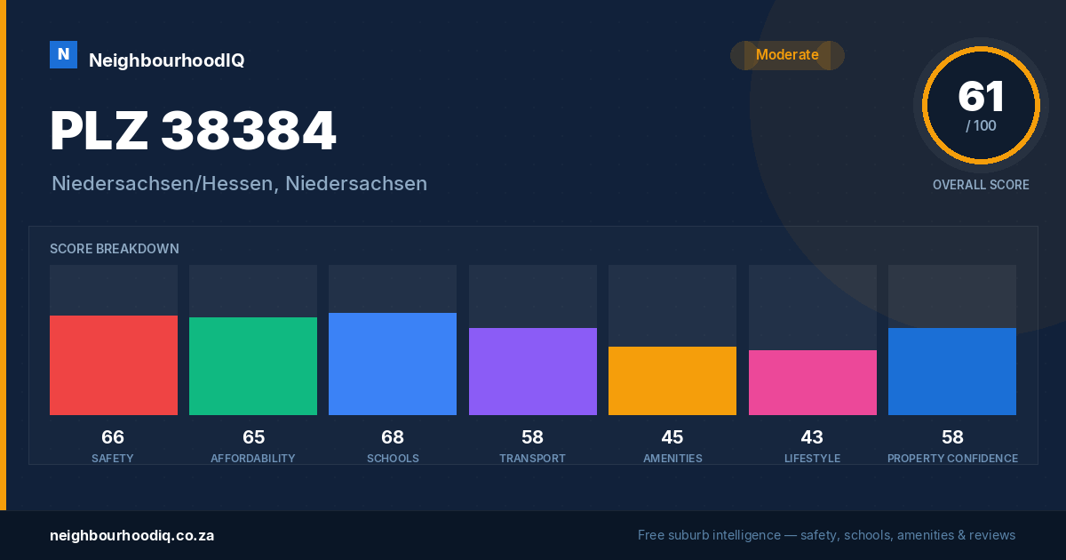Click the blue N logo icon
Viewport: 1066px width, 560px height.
(x=63, y=55)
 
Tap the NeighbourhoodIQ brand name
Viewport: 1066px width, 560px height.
(x=167, y=60)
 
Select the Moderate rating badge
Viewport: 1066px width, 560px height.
(x=787, y=55)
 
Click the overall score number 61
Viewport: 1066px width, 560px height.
(x=981, y=96)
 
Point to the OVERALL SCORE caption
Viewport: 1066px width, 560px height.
(x=981, y=185)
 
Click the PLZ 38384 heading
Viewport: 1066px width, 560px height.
(x=194, y=131)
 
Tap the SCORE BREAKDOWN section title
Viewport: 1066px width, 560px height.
(x=115, y=249)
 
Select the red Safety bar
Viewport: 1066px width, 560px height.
(x=114, y=365)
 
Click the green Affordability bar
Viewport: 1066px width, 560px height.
(x=253, y=366)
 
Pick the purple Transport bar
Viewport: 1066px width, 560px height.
(x=532, y=372)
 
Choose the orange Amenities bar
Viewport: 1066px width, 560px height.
(x=672, y=381)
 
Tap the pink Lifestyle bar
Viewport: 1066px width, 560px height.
(x=812, y=382)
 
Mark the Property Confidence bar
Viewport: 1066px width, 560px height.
(x=952, y=372)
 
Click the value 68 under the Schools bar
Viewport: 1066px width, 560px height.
(x=393, y=437)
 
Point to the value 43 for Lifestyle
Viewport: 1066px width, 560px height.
(x=812, y=437)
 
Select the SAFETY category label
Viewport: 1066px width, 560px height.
(x=113, y=459)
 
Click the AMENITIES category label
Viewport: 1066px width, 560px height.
(x=672, y=459)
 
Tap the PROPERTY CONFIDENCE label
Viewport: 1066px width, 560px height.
(x=952, y=459)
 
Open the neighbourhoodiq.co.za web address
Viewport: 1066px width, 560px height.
(x=131, y=536)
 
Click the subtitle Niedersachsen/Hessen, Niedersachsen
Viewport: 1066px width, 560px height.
(x=239, y=184)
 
